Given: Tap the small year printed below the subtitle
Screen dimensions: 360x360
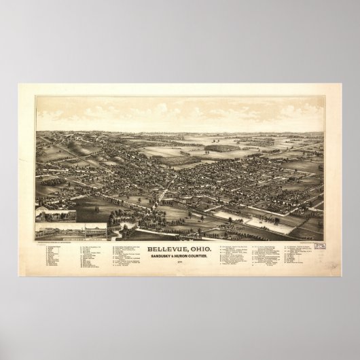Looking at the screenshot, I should point(179,247).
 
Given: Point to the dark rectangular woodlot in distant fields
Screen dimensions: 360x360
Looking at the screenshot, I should point(220,146).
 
